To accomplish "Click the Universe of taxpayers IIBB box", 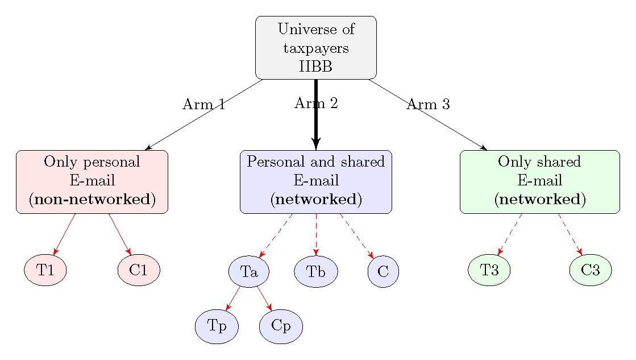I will click(x=316, y=48).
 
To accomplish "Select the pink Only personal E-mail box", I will click(x=92, y=181).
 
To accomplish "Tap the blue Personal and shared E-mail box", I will click(x=316, y=181).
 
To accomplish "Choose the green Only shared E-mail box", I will click(x=539, y=181).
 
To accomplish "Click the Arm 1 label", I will click(x=204, y=105).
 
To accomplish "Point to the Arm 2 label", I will click(x=316, y=103).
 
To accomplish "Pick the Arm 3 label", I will click(x=429, y=105).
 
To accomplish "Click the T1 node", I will click(x=45, y=270).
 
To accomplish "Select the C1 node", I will click(x=139, y=270).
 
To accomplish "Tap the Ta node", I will click(x=249, y=272).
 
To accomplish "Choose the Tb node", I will click(x=316, y=272).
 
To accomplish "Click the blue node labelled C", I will click(x=383, y=272).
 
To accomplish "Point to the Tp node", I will click(x=217, y=326).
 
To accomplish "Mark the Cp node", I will click(x=281, y=326).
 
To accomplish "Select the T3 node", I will click(x=489, y=270).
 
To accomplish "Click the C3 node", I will click(x=591, y=270).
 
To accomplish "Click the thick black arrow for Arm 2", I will click(x=316, y=122).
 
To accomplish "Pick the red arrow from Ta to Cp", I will click(x=264, y=299).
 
